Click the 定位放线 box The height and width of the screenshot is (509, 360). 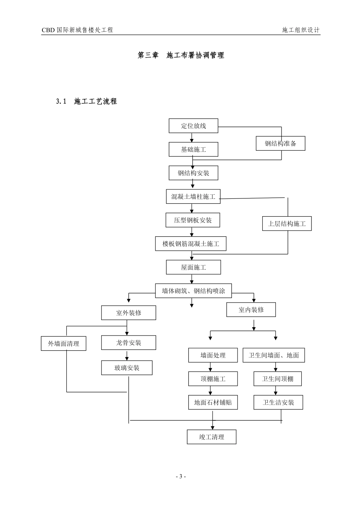193,126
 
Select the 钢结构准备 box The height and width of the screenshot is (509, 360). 280,144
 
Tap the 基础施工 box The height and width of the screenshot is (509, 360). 193,149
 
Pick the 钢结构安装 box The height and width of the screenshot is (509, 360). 193,173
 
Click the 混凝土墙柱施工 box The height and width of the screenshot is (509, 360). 193,197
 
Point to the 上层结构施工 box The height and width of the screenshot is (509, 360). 287,223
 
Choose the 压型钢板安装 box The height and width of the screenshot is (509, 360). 193,220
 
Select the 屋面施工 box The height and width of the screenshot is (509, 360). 193,267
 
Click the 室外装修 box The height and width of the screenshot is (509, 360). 128,313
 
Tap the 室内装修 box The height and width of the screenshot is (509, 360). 251,309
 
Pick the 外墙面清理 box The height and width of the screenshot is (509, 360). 63,343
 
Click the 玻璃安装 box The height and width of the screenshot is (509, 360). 127,368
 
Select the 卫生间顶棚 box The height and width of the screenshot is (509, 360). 277,379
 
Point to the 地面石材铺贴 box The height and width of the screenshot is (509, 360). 213,402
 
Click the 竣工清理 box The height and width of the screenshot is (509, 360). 211,437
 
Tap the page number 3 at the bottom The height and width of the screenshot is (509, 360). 181,476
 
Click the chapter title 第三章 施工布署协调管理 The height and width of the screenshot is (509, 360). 181,55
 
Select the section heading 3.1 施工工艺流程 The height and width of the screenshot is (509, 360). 86,101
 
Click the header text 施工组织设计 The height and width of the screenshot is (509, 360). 301,30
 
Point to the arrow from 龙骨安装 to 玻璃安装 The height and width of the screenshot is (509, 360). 127,355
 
